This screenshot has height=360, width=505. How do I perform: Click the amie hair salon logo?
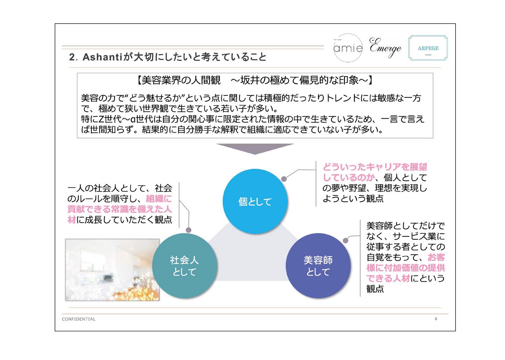click(348, 48)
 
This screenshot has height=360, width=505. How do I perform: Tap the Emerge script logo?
click(385, 47)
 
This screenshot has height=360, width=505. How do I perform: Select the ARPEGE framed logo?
click(428, 48)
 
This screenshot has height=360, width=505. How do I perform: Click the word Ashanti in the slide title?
click(102, 57)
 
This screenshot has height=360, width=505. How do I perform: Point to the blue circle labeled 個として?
click(255, 201)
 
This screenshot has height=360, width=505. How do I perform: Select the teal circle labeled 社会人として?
click(184, 266)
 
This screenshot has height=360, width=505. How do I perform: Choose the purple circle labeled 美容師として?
click(318, 266)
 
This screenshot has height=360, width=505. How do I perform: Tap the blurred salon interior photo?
click(112, 270)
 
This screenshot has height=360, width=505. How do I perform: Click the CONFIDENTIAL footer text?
click(79, 319)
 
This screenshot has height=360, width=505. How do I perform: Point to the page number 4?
click(436, 319)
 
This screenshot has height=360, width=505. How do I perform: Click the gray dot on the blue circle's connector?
click(284, 179)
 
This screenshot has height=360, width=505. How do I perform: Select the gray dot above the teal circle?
click(189, 230)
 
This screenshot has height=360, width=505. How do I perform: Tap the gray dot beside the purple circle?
click(346, 240)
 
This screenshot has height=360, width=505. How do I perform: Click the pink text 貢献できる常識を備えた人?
click(120, 209)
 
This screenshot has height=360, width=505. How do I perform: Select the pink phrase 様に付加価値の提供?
click(405, 268)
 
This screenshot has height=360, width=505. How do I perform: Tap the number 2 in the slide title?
click(72, 57)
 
